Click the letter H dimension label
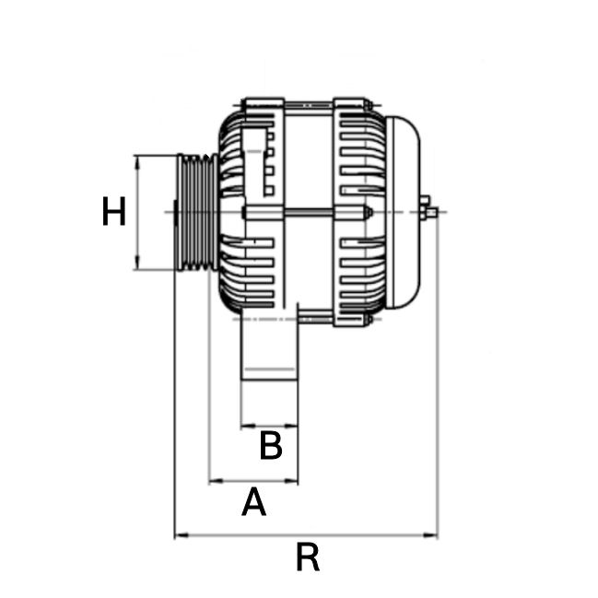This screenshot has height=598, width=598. (113, 213)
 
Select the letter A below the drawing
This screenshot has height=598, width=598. (253, 503)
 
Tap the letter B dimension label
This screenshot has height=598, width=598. (270, 447)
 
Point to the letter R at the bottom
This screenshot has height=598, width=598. (307, 557)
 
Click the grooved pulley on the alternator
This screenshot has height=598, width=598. (195, 212)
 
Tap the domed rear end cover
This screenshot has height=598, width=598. (405, 212)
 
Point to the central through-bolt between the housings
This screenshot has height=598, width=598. (304, 213)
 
